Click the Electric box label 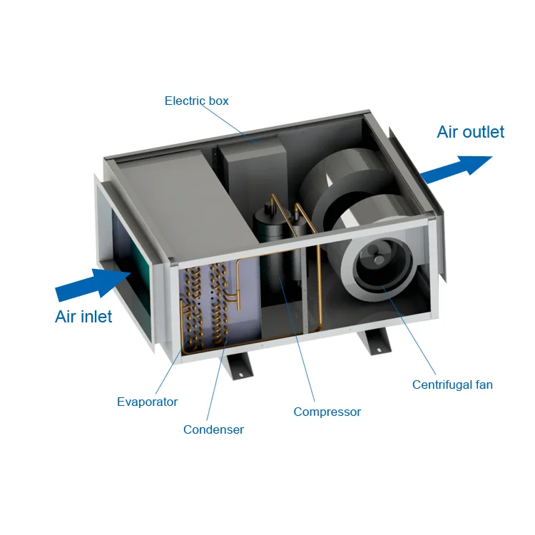pyautogui.click(x=196, y=101)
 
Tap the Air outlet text pyautogui.click(x=470, y=132)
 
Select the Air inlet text pyautogui.click(x=83, y=317)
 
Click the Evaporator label pyautogui.click(x=147, y=402)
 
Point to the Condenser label pyautogui.click(x=213, y=429)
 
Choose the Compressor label pyautogui.click(x=327, y=412)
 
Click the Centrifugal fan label pyautogui.click(x=452, y=385)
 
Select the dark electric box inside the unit pyautogui.click(x=250, y=171)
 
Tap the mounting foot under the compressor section pyautogui.click(x=238, y=365)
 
